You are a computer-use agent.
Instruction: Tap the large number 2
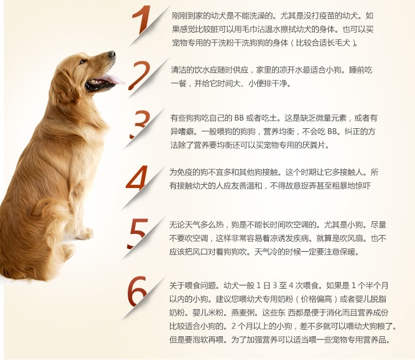pyautogui.click(x=140, y=75)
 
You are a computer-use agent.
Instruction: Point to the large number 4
pyautogui.click(x=137, y=178)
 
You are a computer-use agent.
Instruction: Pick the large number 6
pyautogui.click(x=137, y=290)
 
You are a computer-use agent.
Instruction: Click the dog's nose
pyautogui.click(x=112, y=54)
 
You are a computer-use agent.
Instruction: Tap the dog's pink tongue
pyautogui.click(x=112, y=79)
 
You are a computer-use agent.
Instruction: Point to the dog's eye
pyautogui.click(x=82, y=61)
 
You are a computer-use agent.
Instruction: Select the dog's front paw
pyautogui.click(x=85, y=233)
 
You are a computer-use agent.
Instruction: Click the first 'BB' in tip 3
pyautogui.click(x=239, y=118)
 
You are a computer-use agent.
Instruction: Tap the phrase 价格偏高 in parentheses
pyautogui.click(x=317, y=299)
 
